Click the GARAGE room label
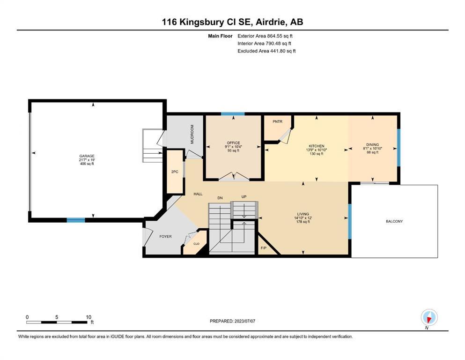(x=87, y=156)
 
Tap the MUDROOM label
(x=192, y=134)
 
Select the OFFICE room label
(x=233, y=143)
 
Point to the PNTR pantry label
(x=278, y=121)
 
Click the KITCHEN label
(x=317, y=146)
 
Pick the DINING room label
(x=372, y=144)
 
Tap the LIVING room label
(x=303, y=214)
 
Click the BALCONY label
(x=394, y=221)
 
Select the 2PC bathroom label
(x=175, y=172)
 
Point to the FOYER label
(x=165, y=237)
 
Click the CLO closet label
(x=196, y=244)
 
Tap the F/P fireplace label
(x=263, y=248)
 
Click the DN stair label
(x=220, y=198)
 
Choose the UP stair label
(x=244, y=197)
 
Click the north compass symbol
(x=429, y=318)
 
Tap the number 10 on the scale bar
(x=89, y=317)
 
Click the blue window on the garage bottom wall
(x=75, y=220)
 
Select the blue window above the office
(x=232, y=113)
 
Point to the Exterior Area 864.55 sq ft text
(x=265, y=36)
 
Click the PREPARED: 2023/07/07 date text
(x=232, y=321)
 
